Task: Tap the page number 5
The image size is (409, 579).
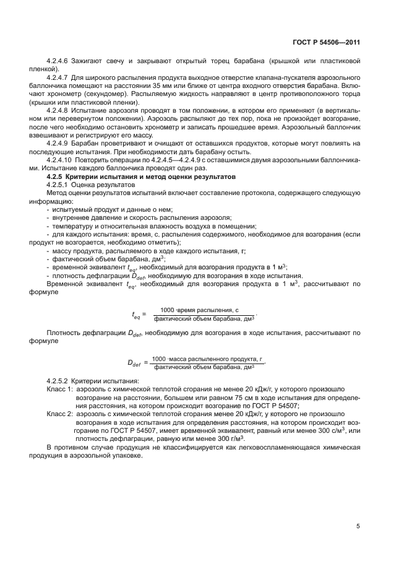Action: click(x=358, y=527)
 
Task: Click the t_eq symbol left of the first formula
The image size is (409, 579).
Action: click(x=136, y=315)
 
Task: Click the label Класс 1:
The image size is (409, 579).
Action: click(x=60, y=388)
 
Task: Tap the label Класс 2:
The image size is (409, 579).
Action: click(x=60, y=411)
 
